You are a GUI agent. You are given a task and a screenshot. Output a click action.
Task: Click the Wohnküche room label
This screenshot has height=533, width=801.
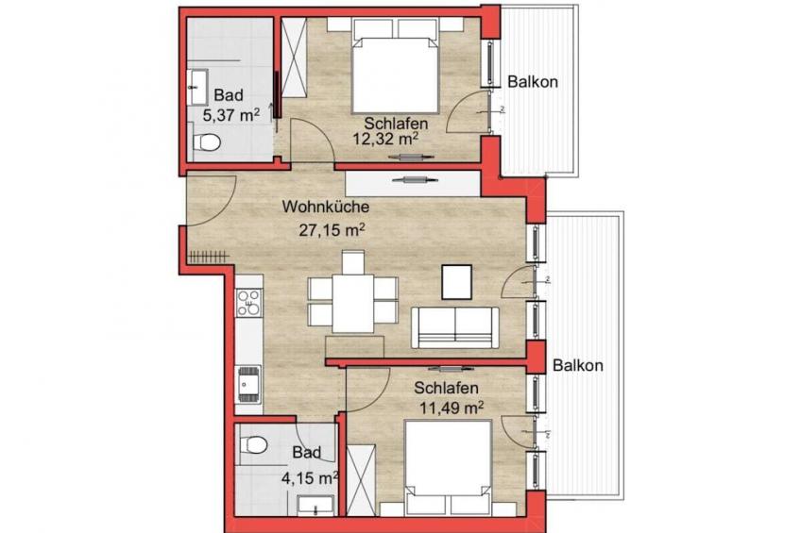(326, 208)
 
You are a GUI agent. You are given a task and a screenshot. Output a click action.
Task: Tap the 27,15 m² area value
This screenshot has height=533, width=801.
(332, 230)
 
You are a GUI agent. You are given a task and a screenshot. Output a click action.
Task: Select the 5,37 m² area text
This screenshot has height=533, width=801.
(230, 115)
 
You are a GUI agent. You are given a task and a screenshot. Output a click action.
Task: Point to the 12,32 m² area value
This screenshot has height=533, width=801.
(386, 139)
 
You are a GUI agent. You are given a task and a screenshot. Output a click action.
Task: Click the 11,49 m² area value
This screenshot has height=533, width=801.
(452, 408)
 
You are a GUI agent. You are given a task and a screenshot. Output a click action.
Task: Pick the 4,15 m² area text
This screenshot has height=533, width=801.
(310, 478)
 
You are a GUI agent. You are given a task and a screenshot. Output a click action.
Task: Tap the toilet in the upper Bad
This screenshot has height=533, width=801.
(207, 142)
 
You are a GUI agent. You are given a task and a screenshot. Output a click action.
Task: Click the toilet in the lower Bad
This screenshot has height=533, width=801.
(253, 444)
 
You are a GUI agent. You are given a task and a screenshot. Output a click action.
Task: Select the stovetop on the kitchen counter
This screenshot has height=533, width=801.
(248, 303)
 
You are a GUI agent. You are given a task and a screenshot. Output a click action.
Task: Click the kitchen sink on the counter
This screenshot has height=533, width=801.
(248, 385)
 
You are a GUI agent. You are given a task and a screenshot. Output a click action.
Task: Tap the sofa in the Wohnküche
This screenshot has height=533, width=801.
(455, 327)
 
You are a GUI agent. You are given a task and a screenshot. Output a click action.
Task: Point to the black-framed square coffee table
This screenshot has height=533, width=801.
(456, 281)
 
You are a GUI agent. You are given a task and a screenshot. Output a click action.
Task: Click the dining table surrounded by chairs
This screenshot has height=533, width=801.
(353, 303)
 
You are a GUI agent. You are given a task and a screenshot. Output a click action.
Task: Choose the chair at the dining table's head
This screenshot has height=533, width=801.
(353, 262)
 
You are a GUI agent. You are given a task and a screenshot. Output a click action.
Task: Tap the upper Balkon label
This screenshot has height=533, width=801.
(533, 82)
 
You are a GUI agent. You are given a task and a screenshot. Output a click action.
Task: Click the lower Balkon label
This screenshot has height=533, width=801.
(578, 365)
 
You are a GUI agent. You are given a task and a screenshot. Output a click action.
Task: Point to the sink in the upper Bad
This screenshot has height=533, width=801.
(197, 88)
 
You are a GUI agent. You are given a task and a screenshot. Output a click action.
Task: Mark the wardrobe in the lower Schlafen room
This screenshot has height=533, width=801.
(361, 479)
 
